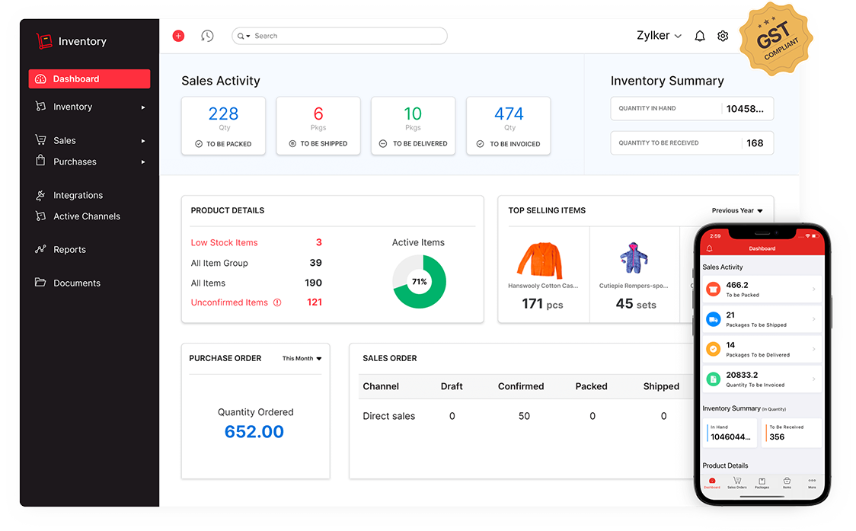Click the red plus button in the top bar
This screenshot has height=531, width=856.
coord(178,36)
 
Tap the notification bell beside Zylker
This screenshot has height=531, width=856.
coord(700,36)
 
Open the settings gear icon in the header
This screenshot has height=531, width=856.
coord(723,36)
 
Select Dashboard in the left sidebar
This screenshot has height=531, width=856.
coord(89,78)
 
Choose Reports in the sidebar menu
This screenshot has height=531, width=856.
coord(69,250)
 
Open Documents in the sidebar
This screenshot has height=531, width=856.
coord(76,283)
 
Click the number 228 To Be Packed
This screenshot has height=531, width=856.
coord(223,114)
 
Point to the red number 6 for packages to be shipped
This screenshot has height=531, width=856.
coord(318,114)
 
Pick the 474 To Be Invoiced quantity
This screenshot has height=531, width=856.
coord(509,114)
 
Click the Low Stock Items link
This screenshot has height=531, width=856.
coord(224,243)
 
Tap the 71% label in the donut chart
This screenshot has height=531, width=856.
coord(419,282)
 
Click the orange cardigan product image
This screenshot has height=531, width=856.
coord(539,260)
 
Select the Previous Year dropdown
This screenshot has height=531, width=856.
coord(737,211)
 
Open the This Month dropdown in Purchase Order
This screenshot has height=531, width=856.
coord(302,359)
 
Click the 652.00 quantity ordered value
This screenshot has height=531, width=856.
coord(254,432)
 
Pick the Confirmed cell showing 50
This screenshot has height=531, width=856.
coord(524,417)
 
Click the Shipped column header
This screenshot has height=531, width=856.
coord(661,386)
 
